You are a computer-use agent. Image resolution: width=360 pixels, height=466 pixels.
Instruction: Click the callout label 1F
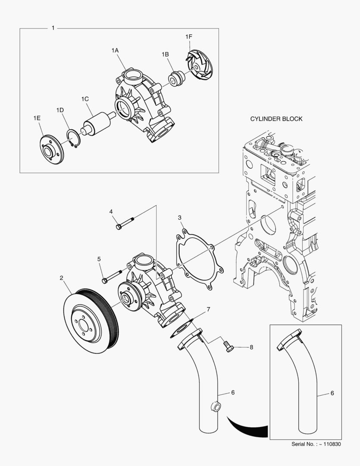pyautogui.click(x=188, y=37)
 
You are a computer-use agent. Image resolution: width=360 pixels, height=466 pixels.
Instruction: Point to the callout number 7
pyautogui.click(x=208, y=309)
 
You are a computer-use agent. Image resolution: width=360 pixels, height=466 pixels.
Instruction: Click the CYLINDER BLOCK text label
pyautogui.click(x=276, y=119)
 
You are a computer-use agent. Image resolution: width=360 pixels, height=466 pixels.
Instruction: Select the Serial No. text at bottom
pyautogui.click(x=316, y=444)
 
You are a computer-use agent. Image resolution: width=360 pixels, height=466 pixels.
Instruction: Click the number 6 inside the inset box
pyautogui.click(x=332, y=393)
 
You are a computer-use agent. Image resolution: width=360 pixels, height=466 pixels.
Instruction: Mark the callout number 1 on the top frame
pyautogui.click(x=53, y=28)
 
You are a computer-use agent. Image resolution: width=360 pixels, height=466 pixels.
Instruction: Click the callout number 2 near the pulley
pyautogui.click(x=62, y=278)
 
